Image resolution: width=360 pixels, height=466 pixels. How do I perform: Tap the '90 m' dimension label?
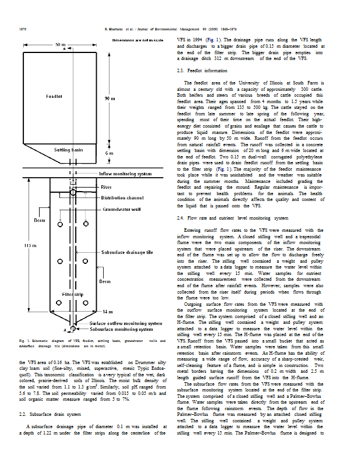[x=110, y=99]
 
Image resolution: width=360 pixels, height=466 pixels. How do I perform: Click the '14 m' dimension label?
[x=108, y=312]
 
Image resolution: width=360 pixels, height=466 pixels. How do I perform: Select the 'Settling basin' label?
[x=69, y=150]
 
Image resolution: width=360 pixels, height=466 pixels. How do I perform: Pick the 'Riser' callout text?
[x=107, y=188]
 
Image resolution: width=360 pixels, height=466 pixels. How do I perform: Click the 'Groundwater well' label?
[x=121, y=208]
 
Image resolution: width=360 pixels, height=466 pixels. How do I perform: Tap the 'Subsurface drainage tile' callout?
[x=130, y=253]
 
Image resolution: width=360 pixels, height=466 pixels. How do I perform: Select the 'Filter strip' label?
[x=72, y=295]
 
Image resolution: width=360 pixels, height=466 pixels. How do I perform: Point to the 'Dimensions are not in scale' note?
[x=137, y=40]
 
